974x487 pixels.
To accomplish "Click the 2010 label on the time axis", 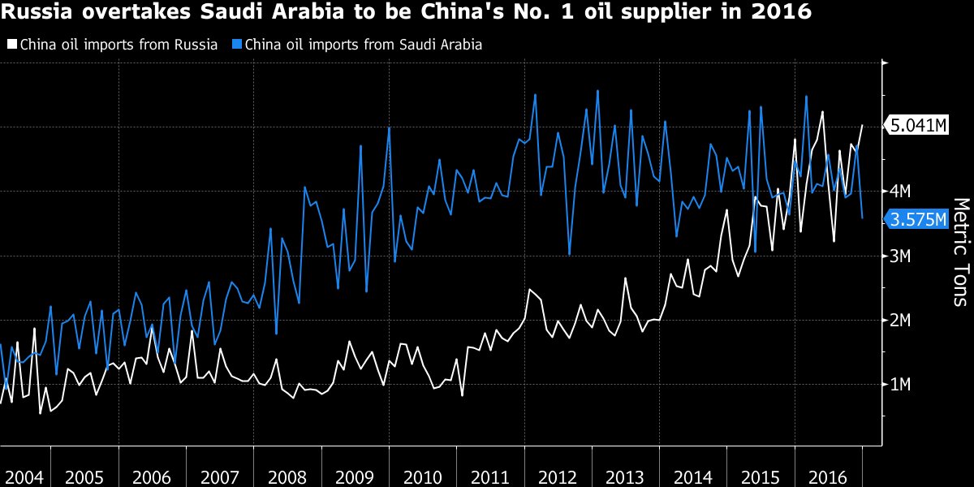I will click(x=422, y=475).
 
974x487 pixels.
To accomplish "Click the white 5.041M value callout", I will click(x=918, y=126).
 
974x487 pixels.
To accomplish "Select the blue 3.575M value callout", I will click(x=918, y=220).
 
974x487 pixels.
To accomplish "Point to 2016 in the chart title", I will click(x=780, y=14).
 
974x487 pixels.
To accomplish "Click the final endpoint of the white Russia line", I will click(x=862, y=126).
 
